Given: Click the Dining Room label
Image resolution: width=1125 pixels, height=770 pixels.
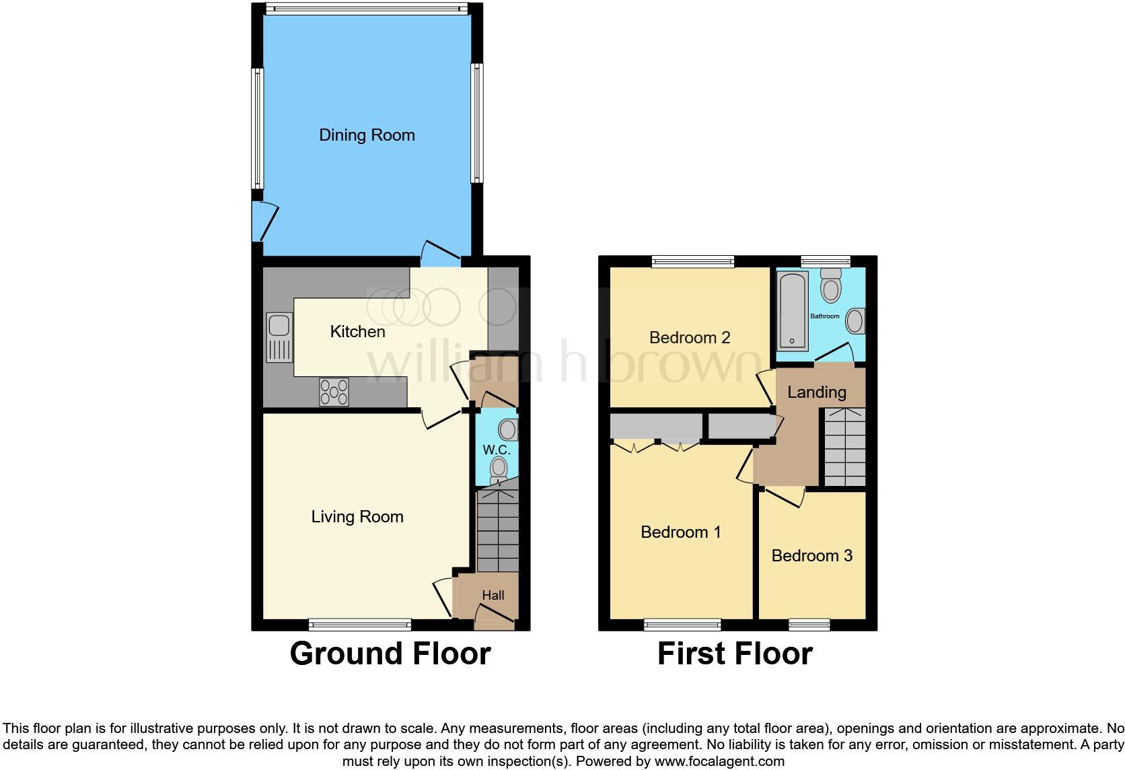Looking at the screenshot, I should [x=367, y=135].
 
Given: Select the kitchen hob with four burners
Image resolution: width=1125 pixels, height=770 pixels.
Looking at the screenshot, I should [x=334, y=392].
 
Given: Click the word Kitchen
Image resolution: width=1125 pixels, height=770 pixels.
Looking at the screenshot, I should [x=357, y=332].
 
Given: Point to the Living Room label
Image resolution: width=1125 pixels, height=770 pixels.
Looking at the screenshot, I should [x=357, y=517].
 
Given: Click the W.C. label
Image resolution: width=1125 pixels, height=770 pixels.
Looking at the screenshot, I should [x=497, y=450].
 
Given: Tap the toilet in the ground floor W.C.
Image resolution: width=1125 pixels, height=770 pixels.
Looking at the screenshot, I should [x=499, y=468].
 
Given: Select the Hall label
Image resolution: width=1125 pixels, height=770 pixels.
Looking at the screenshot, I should [x=493, y=596].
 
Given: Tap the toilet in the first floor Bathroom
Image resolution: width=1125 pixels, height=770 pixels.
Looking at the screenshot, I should [x=832, y=287].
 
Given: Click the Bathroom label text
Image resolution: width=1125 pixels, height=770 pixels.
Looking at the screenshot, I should [x=824, y=316].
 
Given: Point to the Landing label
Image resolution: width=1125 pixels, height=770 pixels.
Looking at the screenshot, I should [x=817, y=392].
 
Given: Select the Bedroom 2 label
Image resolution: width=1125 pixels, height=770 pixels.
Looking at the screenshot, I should [x=690, y=338].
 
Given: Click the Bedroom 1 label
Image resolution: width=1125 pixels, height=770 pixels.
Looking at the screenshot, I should [x=681, y=532].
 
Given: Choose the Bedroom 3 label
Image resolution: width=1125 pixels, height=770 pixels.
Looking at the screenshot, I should [x=811, y=556].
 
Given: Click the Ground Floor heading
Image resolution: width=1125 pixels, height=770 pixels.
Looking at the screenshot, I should [x=390, y=654].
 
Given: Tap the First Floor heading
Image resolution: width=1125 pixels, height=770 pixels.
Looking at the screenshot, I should [x=735, y=654].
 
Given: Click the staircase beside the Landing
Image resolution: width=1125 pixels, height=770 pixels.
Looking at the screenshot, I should [x=844, y=448].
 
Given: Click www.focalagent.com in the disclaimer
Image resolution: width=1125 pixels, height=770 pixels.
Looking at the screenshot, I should [x=719, y=762].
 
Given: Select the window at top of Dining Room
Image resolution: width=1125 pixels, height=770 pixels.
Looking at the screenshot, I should [x=366, y=9].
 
